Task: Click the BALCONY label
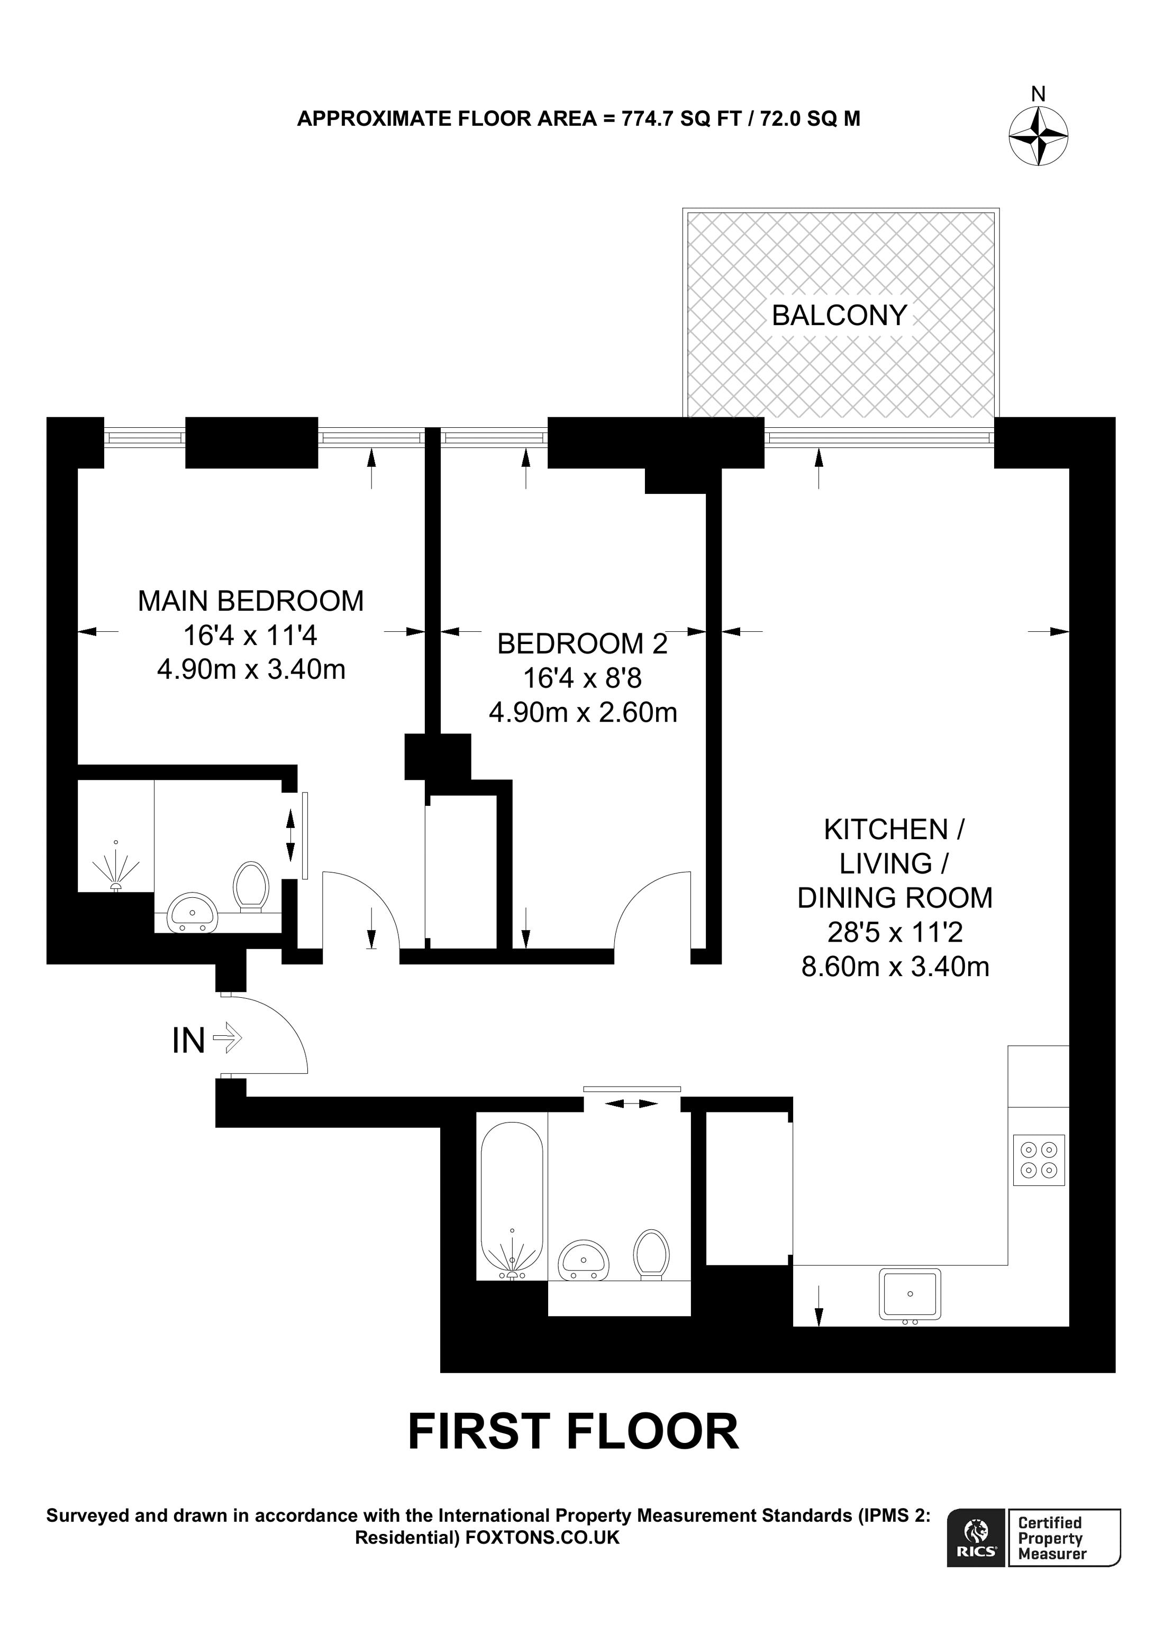839,316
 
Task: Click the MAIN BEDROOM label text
250,601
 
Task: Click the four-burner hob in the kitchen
1038,1160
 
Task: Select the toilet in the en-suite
251,886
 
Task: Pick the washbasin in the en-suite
192,913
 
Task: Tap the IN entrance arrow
228,1037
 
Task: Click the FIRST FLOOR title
572,1432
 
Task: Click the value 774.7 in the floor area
647,118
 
